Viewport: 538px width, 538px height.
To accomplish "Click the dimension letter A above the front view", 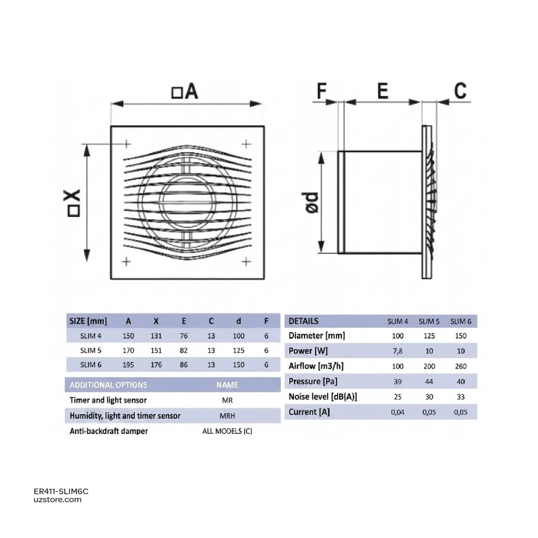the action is [x=191, y=92].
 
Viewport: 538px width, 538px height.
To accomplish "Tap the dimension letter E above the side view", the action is [x=382, y=91].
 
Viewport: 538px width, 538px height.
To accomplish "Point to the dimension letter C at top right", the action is [x=460, y=91].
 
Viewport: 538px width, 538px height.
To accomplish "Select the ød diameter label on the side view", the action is [x=312, y=202].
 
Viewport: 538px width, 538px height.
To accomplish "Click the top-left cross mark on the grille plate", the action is [x=127, y=144].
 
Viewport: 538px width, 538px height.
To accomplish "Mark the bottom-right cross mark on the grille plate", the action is [x=246, y=262].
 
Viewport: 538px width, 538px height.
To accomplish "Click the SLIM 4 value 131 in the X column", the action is [x=156, y=336].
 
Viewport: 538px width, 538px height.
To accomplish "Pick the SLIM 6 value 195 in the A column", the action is [x=128, y=365].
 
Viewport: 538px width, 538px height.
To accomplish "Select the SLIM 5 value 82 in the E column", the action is [x=184, y=350].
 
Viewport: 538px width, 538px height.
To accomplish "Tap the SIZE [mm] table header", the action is [x=88, y=321].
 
